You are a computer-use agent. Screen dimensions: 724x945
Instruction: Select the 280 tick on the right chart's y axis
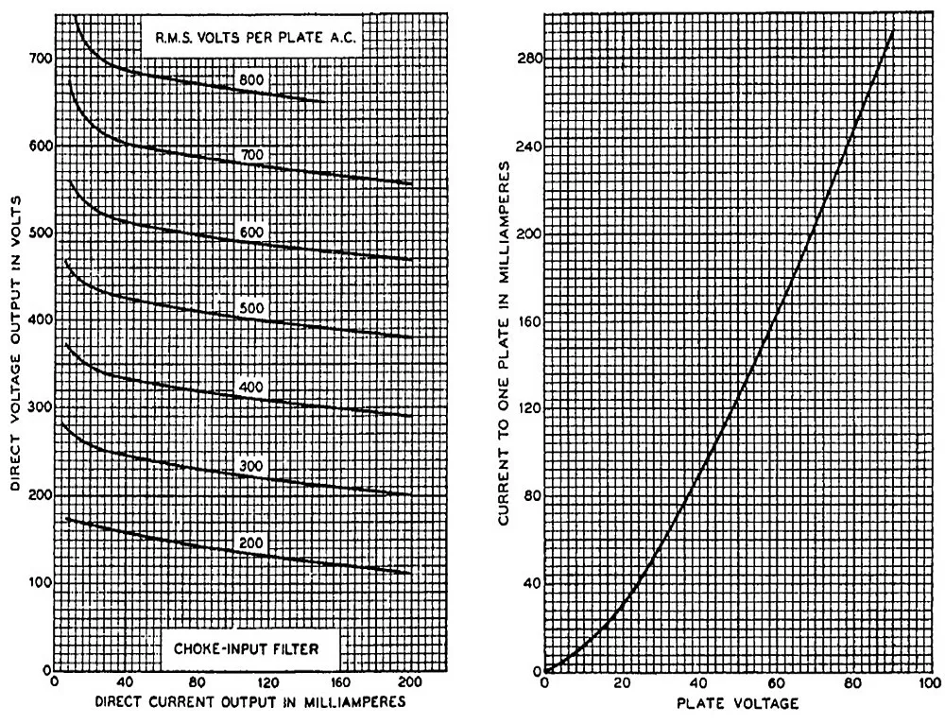tap(525, 59)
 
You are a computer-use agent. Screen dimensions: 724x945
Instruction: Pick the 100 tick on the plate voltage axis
tap(929, 682)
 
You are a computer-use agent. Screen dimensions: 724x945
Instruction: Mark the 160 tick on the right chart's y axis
tap(525, 320)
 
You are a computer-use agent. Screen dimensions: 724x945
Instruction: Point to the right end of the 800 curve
tap(325, 101)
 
